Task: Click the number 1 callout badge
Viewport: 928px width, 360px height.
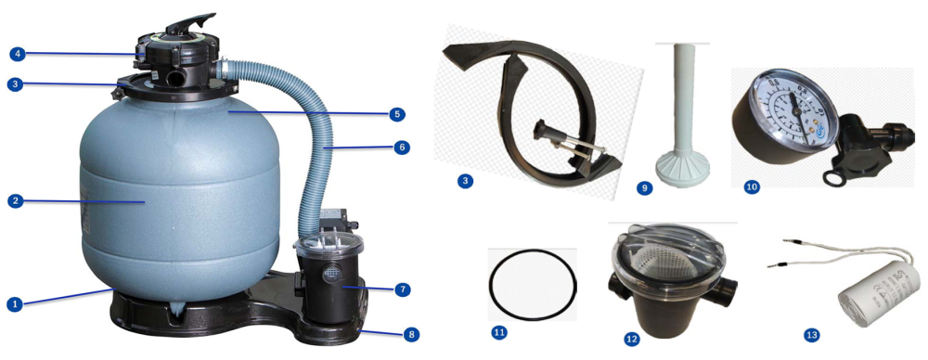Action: coord(14,303)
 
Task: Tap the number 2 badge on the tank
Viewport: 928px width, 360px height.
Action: coord(14,200)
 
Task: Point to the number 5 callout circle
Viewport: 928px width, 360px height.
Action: coord(397,115)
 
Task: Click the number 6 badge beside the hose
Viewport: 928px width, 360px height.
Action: coord(402,148)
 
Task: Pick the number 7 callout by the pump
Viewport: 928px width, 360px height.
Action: coord(402,289)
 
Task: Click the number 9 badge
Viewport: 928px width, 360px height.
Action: coord(643,187)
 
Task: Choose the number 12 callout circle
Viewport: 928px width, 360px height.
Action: coord(632,340)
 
